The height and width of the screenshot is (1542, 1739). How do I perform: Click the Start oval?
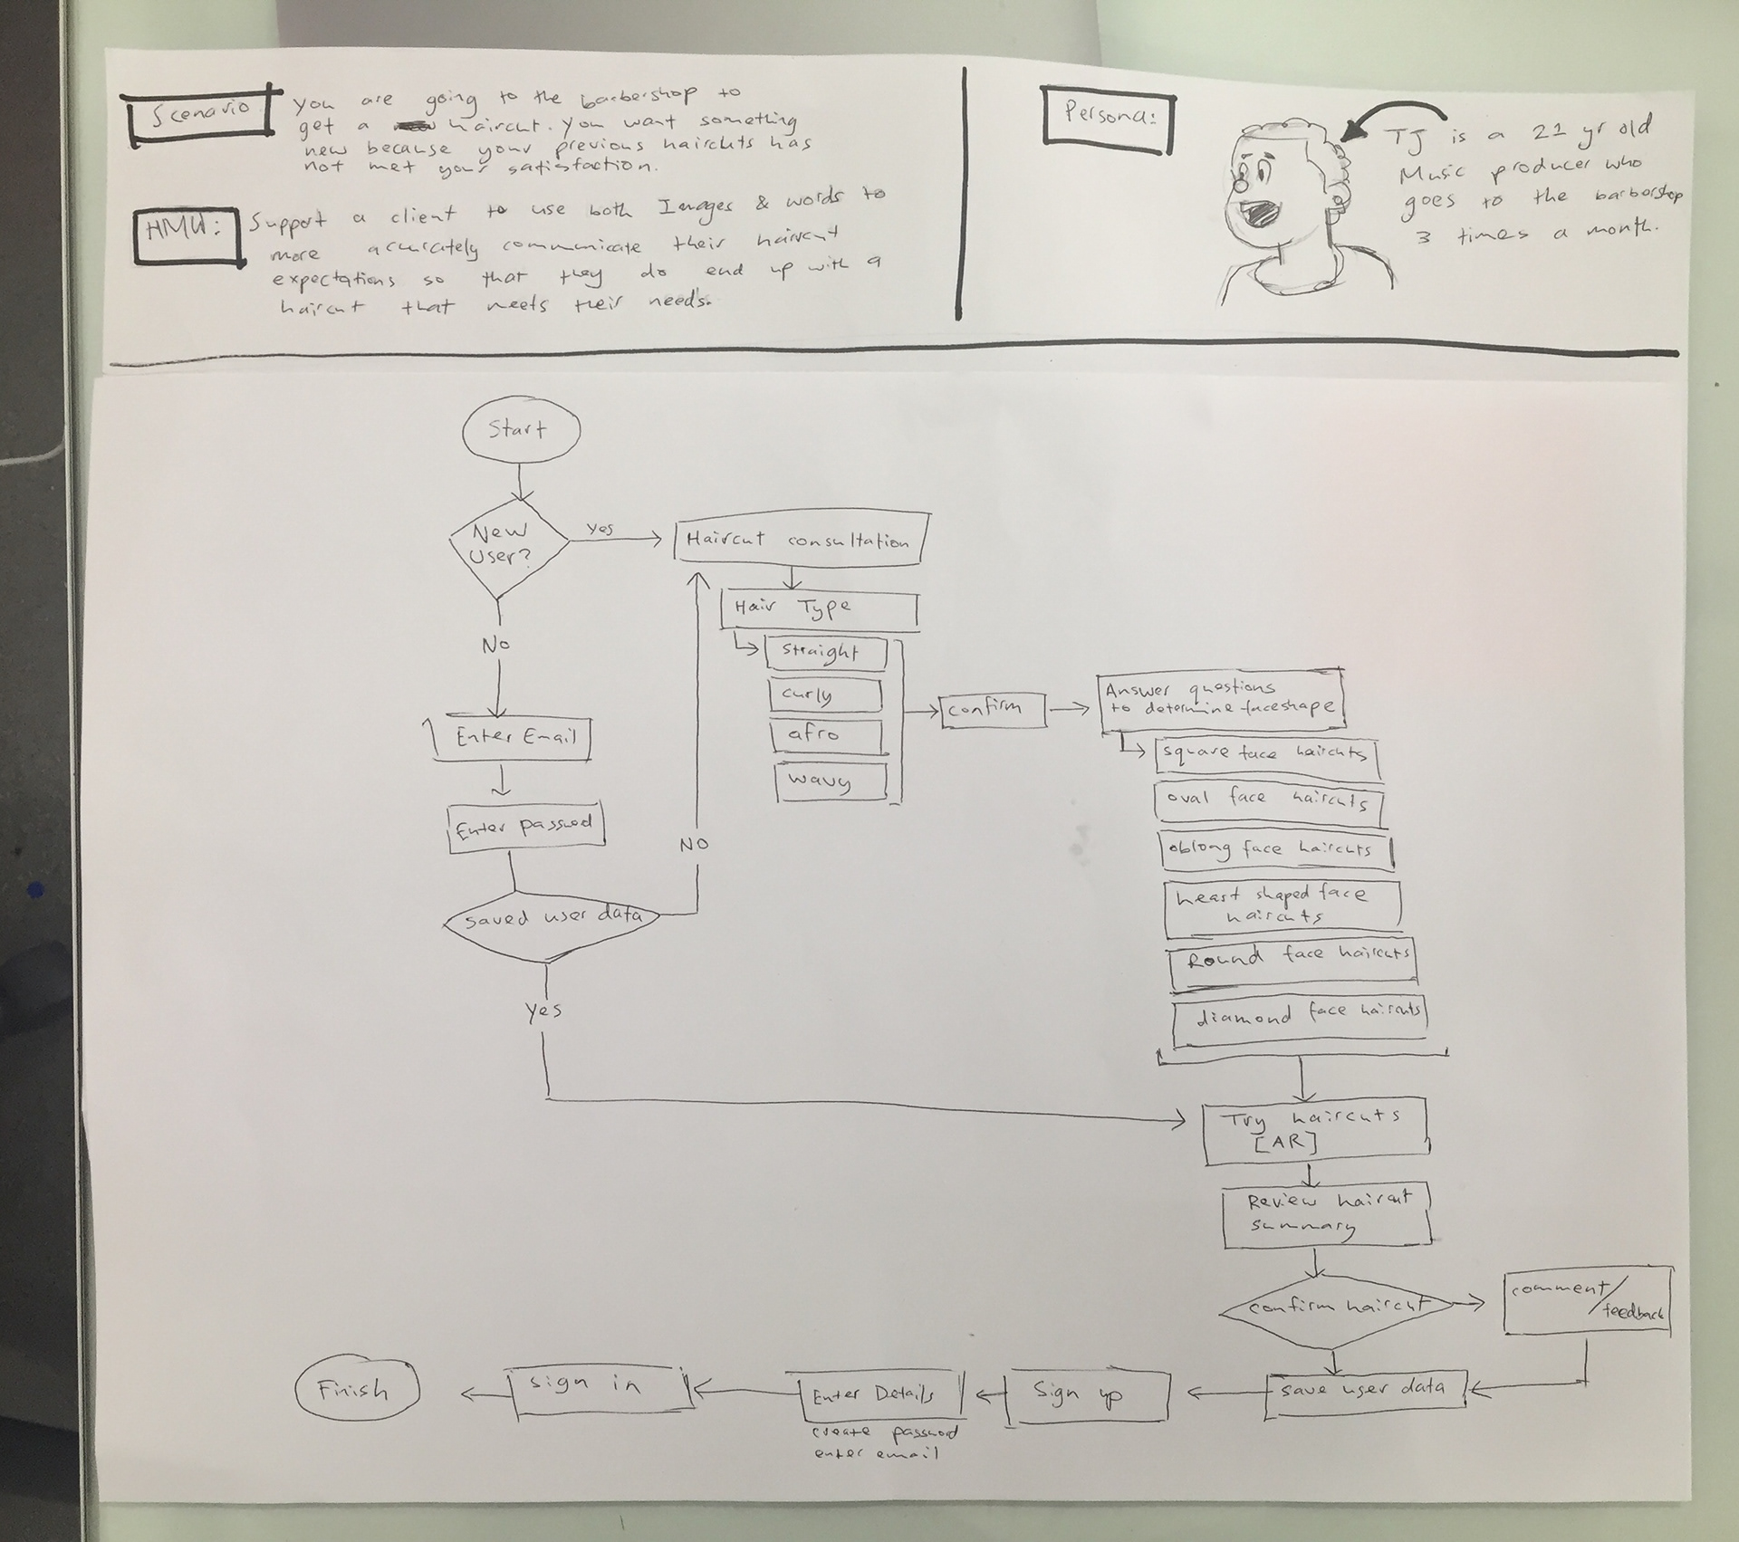click(520, 431)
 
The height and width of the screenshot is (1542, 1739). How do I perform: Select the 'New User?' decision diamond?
click(507, 544)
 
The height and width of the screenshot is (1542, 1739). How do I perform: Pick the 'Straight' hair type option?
click(824, 653)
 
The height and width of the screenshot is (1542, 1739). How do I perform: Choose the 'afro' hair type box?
click(825, 735)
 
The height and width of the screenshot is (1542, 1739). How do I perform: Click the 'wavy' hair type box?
click(830, 781)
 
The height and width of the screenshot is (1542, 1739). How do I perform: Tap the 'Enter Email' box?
click(510, 738)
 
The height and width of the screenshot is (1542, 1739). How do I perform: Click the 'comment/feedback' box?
click(1587, 1303)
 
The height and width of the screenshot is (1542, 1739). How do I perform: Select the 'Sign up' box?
click(1088, 1395)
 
